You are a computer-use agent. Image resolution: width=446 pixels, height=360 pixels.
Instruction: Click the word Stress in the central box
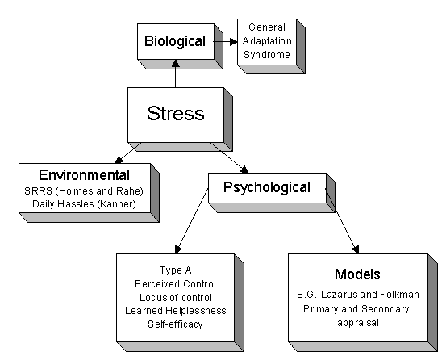coord(176,113)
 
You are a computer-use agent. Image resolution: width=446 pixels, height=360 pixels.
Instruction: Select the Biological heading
coord(175,41)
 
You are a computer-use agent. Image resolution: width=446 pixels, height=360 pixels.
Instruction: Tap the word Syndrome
coord(267,55)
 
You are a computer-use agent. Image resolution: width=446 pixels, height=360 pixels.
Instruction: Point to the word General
coord(267,27)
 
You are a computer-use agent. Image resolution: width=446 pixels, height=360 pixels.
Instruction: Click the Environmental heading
coord(84,175)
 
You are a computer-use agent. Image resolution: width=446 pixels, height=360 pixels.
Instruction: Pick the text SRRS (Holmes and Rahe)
coord(84,191)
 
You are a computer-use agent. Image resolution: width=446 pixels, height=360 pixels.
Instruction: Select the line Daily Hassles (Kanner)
coord(84,204)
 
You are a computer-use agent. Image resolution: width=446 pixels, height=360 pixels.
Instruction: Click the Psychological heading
coord(267,187)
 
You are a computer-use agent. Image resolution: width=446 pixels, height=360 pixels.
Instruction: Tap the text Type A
coord(176,270)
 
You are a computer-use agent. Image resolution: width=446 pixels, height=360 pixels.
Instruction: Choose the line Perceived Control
coord(176,284)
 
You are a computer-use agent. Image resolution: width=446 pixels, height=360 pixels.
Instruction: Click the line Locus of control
coord(176,297)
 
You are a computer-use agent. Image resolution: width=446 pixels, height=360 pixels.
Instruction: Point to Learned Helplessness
coord(176,311)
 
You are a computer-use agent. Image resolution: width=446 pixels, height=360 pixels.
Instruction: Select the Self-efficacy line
coord(175,324)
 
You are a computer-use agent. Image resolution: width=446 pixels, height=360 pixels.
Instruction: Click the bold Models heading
coord(357,274)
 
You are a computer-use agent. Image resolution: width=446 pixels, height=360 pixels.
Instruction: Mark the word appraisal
coord(358,323)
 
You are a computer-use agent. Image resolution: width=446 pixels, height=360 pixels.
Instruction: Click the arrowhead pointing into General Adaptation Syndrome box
coord(234,42)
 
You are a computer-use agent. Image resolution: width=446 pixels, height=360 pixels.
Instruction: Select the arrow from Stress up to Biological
coord(176,73)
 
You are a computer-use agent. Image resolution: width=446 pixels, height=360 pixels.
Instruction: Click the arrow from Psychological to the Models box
coord(342,221)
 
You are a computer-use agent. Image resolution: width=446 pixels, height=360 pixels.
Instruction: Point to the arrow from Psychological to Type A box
coord(192,221)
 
